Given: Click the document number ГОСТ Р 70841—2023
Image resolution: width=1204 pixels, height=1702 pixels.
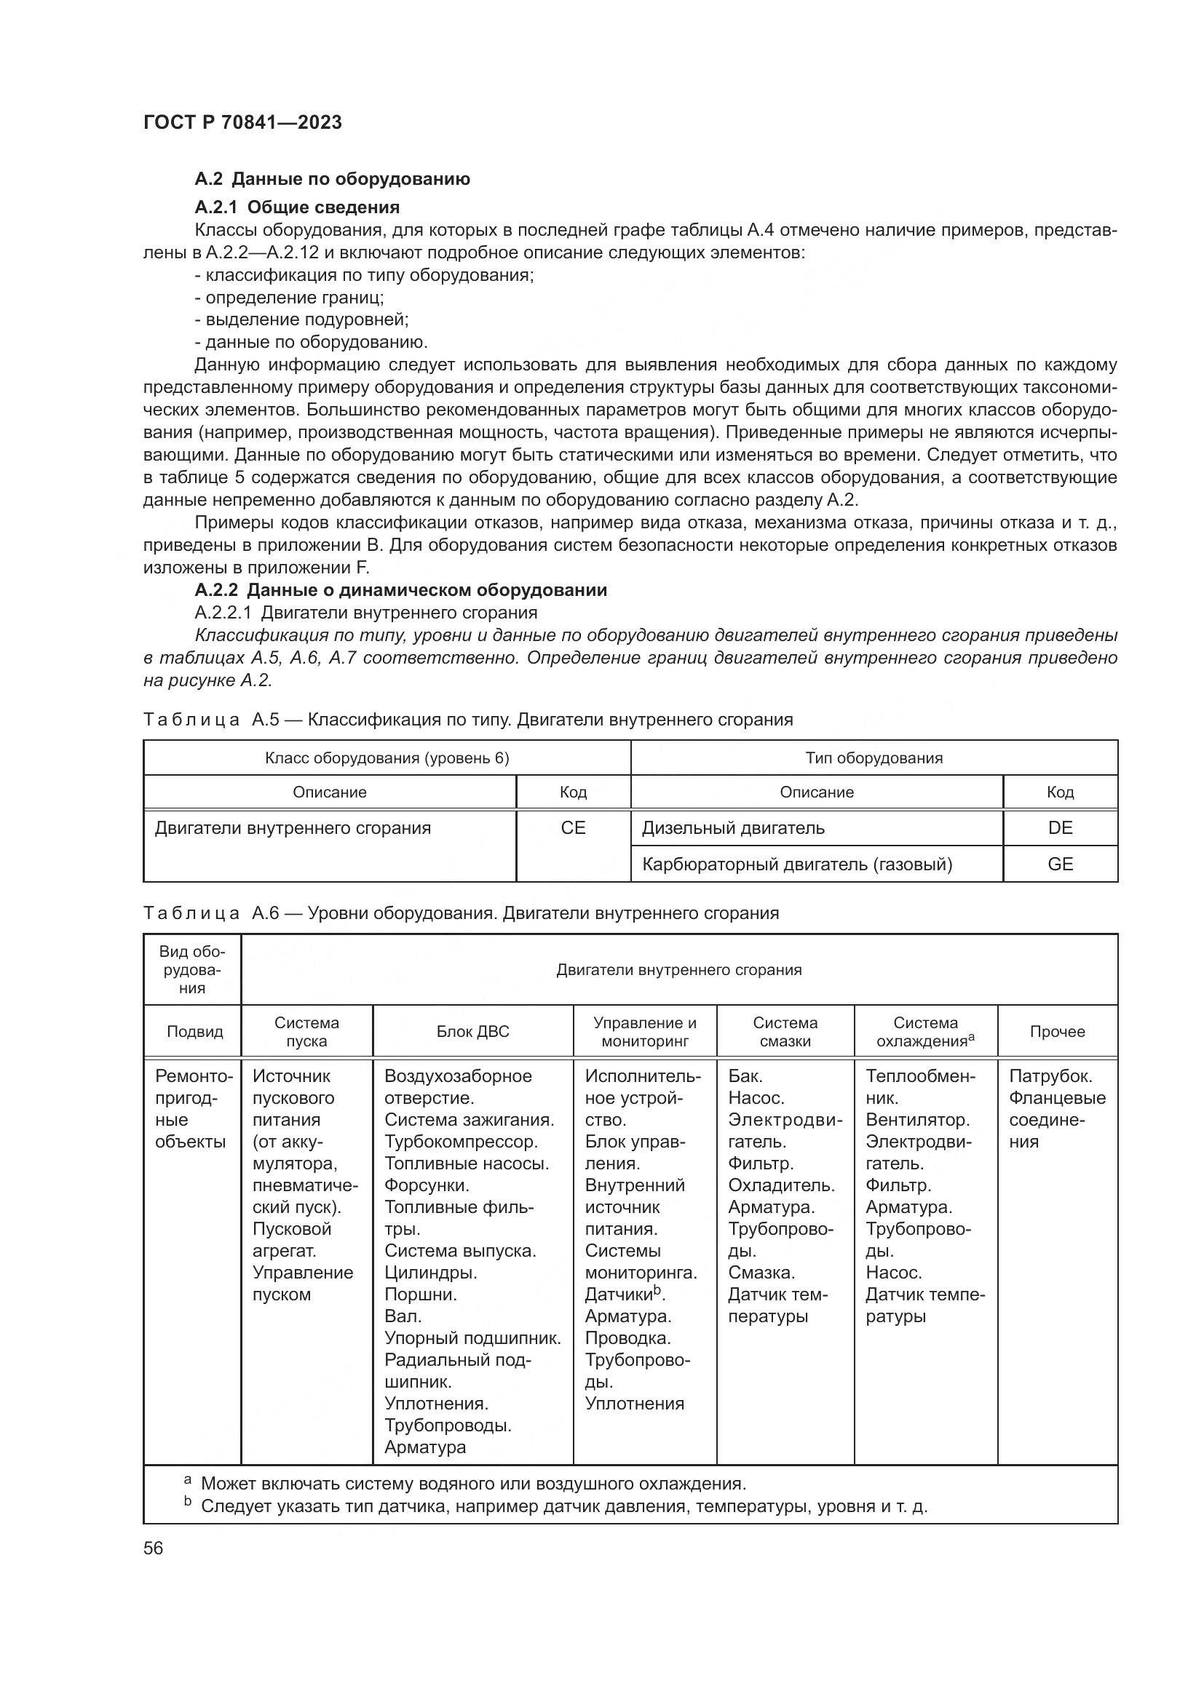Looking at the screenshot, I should coord(242,122).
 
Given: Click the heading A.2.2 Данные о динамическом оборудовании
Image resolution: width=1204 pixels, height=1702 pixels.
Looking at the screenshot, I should coord(400,590).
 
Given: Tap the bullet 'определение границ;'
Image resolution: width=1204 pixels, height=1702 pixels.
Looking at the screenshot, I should coord(289,298).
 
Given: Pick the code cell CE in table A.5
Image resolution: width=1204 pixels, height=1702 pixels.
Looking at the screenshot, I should coord(572,828).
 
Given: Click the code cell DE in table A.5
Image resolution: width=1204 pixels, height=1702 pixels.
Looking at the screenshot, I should coord(1059,828).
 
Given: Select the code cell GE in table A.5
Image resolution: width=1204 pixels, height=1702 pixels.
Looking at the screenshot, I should coord(1059,864).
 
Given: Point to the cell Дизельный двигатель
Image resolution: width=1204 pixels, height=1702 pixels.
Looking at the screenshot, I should coord(732,828).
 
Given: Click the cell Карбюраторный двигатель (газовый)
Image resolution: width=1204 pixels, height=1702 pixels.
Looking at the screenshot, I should coord(796,864).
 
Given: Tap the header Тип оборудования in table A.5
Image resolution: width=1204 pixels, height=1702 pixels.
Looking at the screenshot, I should coord(874,758).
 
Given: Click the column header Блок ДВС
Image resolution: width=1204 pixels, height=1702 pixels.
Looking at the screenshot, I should coord(472,1032).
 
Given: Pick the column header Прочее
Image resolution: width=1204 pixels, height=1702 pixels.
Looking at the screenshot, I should coord(1056,1032).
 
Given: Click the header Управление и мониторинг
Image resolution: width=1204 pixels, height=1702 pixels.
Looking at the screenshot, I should coord(644,1032).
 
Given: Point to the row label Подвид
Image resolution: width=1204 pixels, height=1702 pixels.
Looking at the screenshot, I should coord(194,1032).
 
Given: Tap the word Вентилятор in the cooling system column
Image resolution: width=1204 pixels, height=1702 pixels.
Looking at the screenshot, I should coord(916,1119).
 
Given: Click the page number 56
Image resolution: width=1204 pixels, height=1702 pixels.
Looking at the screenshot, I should coord(153,1548).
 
